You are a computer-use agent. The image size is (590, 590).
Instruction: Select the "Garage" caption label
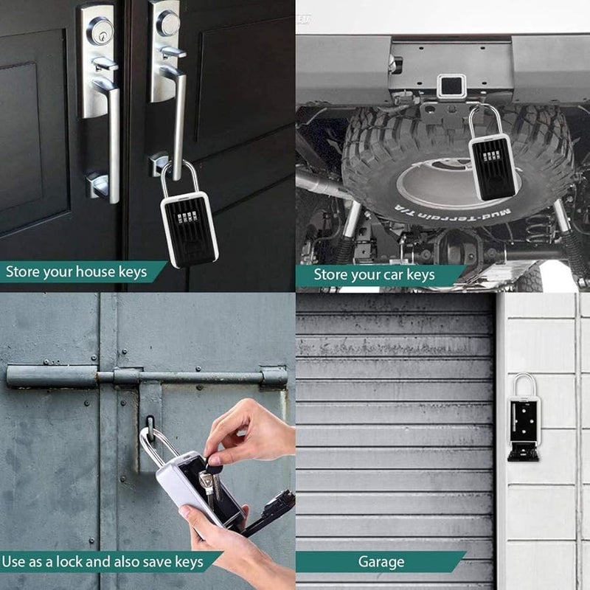381,562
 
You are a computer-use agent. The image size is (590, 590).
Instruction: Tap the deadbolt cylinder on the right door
169,24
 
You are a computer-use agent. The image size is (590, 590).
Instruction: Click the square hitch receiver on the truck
448,86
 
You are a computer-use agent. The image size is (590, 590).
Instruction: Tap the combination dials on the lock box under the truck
490,156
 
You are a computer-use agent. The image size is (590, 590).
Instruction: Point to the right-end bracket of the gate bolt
273,377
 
